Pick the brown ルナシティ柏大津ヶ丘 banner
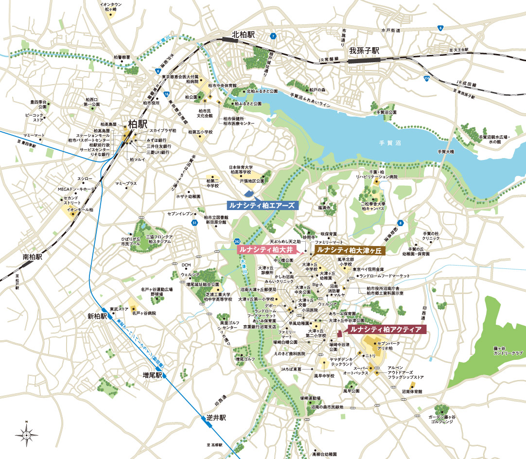pos(349,250)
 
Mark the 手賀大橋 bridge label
pos(445,152)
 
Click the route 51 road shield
pos(194,223)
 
